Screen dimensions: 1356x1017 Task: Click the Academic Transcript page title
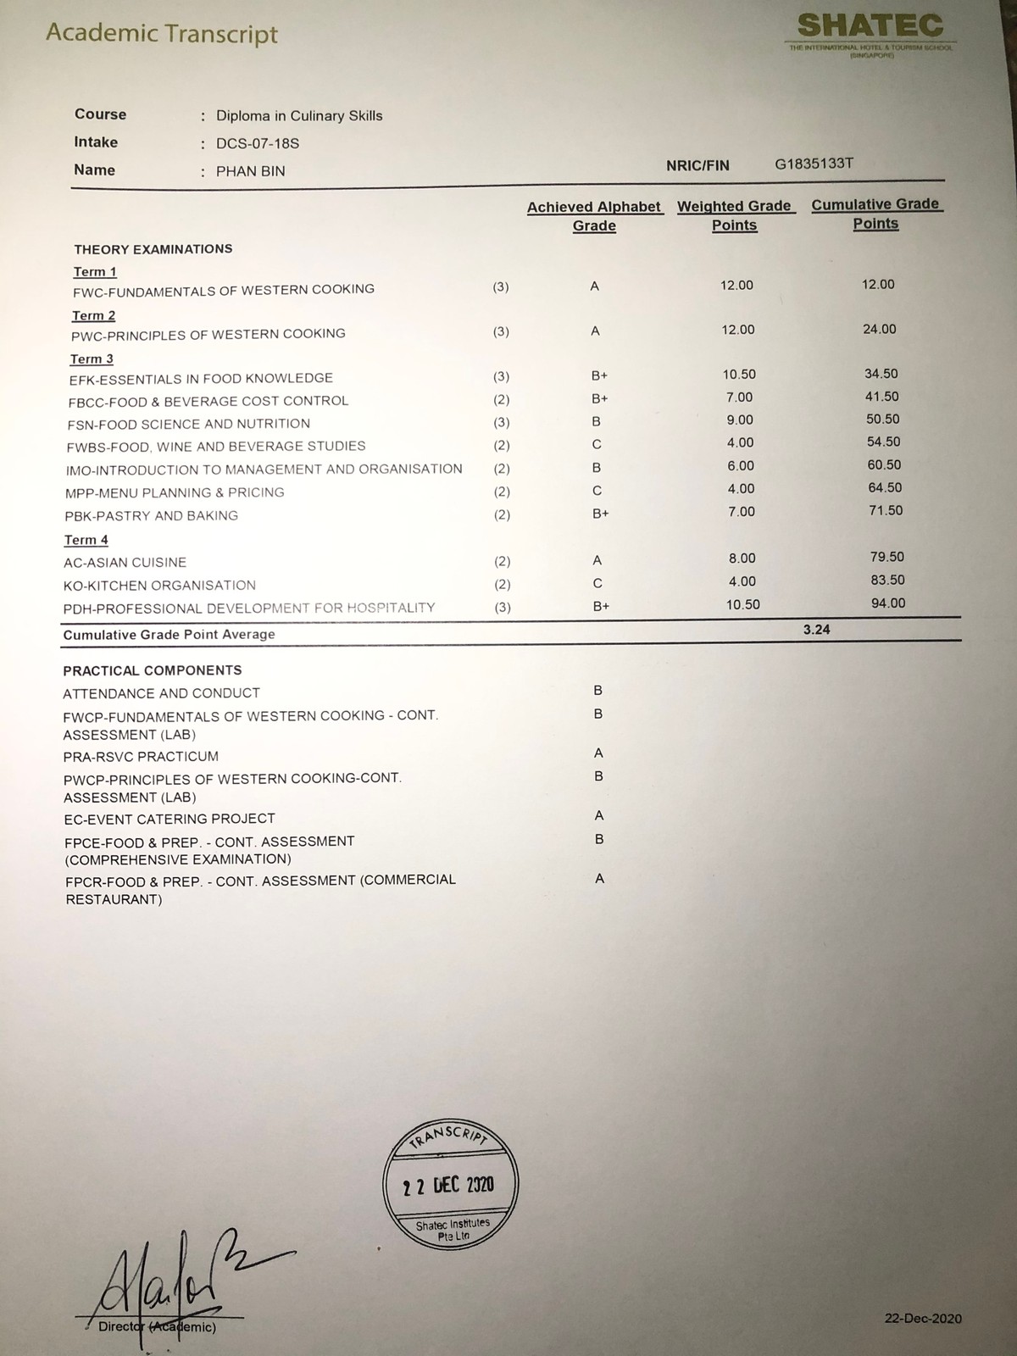[162, 34]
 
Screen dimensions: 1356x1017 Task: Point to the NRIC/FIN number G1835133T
[814, 164]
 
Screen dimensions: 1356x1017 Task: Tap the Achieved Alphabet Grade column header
[594, 216]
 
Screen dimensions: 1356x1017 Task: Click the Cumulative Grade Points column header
[875, 214]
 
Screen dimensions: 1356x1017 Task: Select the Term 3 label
[92, 359]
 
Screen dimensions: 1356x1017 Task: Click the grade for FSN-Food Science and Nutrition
[597, 421]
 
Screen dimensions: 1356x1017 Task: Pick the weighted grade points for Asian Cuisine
[742, 559]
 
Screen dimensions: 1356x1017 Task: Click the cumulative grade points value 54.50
[883, 442]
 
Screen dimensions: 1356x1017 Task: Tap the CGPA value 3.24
[817, 630]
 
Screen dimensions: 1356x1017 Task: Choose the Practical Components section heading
[153, 670]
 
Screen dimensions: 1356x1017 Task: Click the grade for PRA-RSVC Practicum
[598, 753]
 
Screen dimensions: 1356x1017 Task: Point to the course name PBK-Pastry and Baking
[152, 515]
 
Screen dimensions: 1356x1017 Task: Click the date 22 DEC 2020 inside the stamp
[448, 1185]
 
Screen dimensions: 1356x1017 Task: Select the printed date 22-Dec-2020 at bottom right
[923, 1319]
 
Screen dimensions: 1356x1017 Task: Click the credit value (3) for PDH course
[503, 607]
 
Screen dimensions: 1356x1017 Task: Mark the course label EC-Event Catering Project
[169, 819]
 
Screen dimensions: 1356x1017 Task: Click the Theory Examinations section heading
[153, 249]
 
